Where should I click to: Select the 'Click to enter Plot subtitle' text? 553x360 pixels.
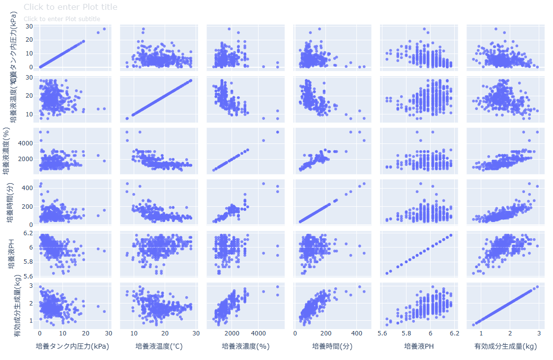(62, 19)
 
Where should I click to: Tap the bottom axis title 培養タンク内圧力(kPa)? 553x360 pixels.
(72, 346)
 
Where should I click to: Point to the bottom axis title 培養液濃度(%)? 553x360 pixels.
(246, 346)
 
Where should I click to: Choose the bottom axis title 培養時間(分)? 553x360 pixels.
(333, 346)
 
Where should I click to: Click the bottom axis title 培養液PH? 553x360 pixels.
(419, 346)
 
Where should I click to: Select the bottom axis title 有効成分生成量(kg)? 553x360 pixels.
(505, 346)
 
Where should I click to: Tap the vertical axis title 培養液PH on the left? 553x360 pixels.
(11, 251)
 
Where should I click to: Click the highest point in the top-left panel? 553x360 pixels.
(104, 29)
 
